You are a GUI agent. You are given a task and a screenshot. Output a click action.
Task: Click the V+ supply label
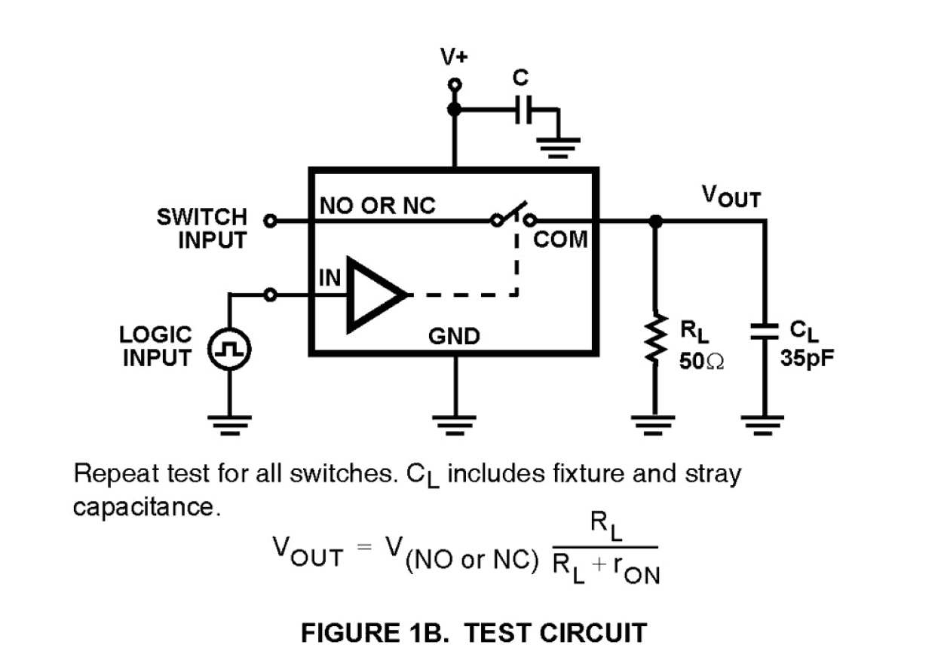(454, 57)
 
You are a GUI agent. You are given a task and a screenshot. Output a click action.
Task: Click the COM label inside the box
(559, 240)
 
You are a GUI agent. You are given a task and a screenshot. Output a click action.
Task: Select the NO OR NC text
(378, 206)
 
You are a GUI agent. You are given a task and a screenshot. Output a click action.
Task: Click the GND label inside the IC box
(454, 336)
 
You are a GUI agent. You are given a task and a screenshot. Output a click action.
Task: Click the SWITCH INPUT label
(201, 229)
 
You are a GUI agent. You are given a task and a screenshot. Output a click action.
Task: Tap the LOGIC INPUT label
(158, 346)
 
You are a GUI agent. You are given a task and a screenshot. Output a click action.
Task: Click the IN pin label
(330, 277)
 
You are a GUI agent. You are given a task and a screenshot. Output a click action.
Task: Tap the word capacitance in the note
(146, 507)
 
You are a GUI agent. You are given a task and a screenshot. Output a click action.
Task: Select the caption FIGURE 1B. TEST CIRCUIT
(473, 632)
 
